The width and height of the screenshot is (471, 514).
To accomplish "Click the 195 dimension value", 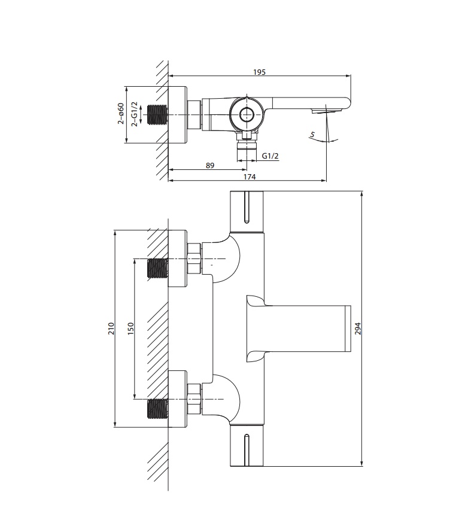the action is click(259, 72).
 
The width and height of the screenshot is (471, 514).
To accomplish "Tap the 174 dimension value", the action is click(250, 177).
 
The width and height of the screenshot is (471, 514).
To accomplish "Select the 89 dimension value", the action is click(210, 166).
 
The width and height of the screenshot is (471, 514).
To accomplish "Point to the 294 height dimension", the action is click(358, 329).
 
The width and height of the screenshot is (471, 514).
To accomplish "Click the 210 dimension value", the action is click(111, 329).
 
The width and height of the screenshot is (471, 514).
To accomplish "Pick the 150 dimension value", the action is click(131, 329).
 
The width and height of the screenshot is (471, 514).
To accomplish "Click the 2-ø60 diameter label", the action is click(121, 114).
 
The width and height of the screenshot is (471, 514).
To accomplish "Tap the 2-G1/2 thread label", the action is click(135, 114).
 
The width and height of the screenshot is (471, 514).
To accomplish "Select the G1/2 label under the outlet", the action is click(270, 156).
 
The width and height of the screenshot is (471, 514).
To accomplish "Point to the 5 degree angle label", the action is click(312, 135).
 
